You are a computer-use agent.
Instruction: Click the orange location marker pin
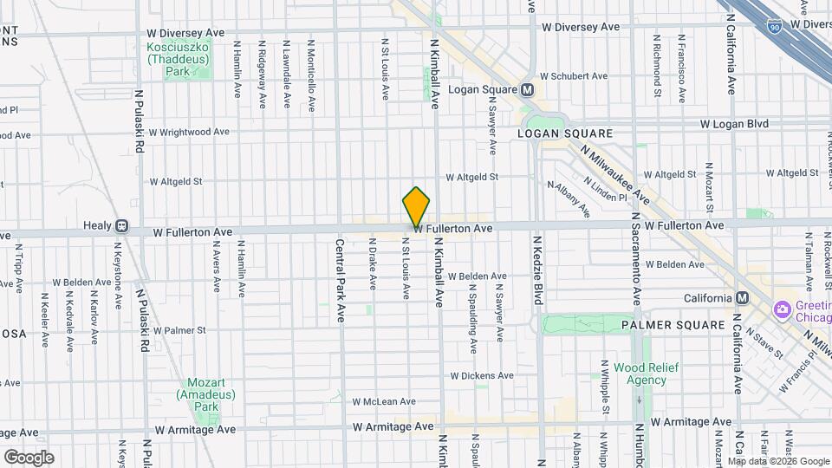coord(416,207)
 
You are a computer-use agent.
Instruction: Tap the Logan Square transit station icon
coord(527,90)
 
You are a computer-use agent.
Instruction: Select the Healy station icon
coord(121,227)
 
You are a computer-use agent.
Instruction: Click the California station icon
coord(742,298)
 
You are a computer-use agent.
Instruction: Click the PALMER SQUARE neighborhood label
coord(673,325)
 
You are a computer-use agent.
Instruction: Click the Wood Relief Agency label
coord(646,374)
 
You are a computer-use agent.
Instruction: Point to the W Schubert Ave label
coord(575,76)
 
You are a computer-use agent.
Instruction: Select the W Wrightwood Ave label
coord(189,133)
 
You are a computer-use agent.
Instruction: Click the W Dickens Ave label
coord(481,376)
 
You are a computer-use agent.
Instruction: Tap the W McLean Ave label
coord(384,401)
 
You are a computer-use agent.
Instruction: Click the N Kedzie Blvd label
coord(537,270)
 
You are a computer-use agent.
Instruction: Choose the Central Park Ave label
coord(341,282)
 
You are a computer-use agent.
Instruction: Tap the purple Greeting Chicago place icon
coord(782,309)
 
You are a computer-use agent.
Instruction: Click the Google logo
coord(29,458)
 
